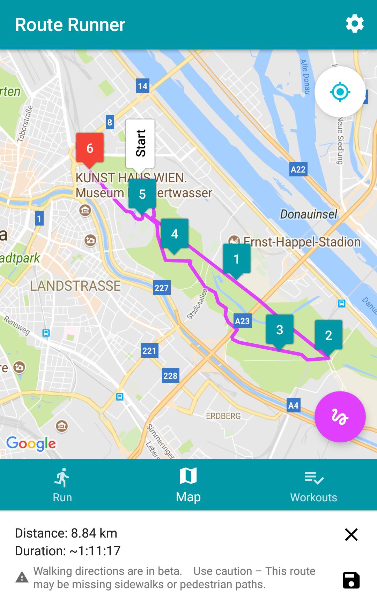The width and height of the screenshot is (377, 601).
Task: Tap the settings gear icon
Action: coord(354,24)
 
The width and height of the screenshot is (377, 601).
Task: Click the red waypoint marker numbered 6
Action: coord(90,148)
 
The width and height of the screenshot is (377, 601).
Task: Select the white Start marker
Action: coord(140,143)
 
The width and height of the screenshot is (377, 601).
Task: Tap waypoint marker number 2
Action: coord(328,335)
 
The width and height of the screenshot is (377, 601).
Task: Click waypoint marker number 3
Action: coord(280,329)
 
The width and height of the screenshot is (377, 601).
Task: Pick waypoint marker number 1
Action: coord(237,259)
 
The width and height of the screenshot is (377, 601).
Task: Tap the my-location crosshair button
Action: coord(340,92)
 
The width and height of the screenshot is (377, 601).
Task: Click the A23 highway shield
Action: coord(242,321)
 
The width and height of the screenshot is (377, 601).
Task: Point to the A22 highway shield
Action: coord(298,169)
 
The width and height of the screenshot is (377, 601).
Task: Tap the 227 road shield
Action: coord(162,288)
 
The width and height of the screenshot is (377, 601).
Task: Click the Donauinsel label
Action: coord(309,214)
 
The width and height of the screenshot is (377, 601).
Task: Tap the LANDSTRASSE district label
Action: coord(75,286)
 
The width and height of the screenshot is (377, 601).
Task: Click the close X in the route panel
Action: coord(351,534)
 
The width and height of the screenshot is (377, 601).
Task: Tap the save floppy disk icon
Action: coord(351,580)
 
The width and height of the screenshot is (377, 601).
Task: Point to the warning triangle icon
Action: coord(22,577)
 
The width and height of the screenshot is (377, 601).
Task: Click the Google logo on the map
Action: coord(31,444)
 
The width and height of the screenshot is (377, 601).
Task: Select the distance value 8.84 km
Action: coord(94,533)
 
